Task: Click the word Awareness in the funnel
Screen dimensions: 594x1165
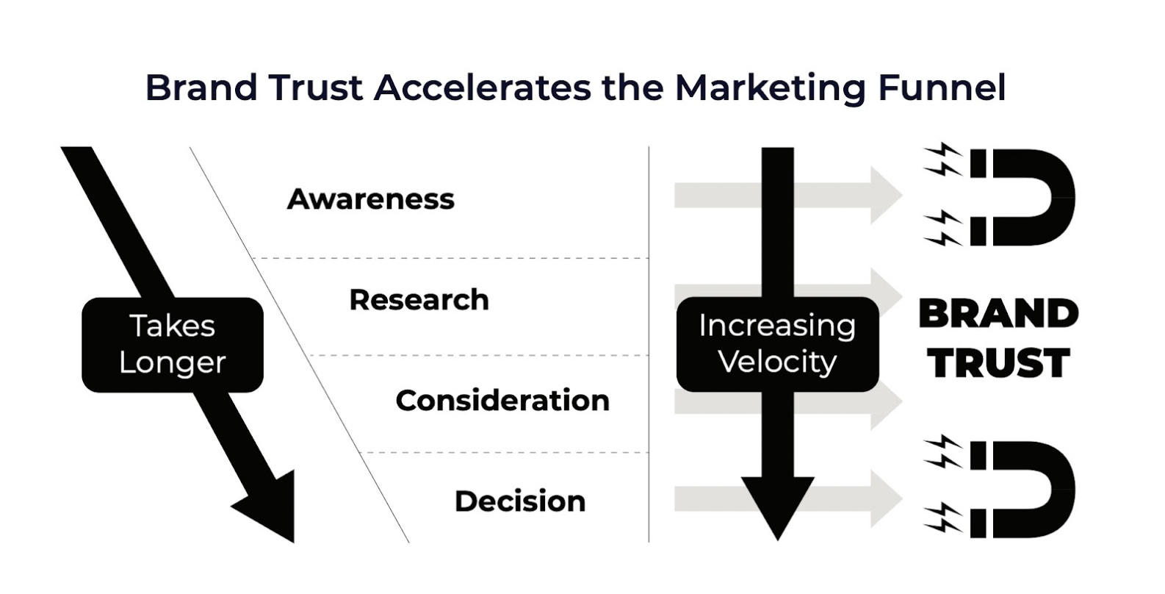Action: coord(370,199)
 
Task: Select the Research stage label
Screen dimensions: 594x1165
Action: coord(419,300)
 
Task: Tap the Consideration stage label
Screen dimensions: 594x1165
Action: coord(502,401)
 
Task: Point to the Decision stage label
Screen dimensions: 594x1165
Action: coord(520,501)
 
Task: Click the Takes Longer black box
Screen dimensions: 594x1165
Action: coord(173,344)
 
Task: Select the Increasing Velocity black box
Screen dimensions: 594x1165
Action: coord(777,344)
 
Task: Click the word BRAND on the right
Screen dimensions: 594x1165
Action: coord(998,314)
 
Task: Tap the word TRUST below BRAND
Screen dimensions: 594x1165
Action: coord(998,363)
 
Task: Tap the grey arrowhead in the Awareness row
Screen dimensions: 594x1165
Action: coord(884,196)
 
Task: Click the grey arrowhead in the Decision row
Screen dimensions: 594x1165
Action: coord(884,498)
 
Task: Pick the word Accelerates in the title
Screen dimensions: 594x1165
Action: coord(482,87)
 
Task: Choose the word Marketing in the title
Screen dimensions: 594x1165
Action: coord(771,87)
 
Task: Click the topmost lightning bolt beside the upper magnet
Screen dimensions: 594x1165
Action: coord(943,152)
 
